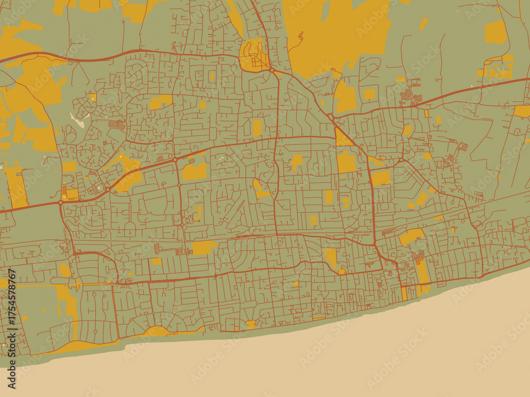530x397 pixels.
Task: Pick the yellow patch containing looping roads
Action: click(x=253, y=55)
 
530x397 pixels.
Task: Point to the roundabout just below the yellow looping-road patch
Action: click(x=271, y=70)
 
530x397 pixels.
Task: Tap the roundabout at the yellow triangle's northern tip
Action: click(x=330, y=116)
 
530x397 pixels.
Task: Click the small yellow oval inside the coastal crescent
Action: click(x=251, y=323)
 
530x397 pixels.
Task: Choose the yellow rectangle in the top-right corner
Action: click(x=496, y=33)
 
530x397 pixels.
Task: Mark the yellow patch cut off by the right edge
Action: click(x=523, y=111)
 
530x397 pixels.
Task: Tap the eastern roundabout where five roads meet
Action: click(x=402, y=159)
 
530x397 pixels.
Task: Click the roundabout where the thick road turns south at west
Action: click(x=60, y=202)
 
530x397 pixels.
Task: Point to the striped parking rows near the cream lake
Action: click(x=117, y=125)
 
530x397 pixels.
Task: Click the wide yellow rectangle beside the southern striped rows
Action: click(x=204, y=247)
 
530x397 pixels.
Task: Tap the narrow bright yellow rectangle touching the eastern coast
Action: click(x=404, y=293)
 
